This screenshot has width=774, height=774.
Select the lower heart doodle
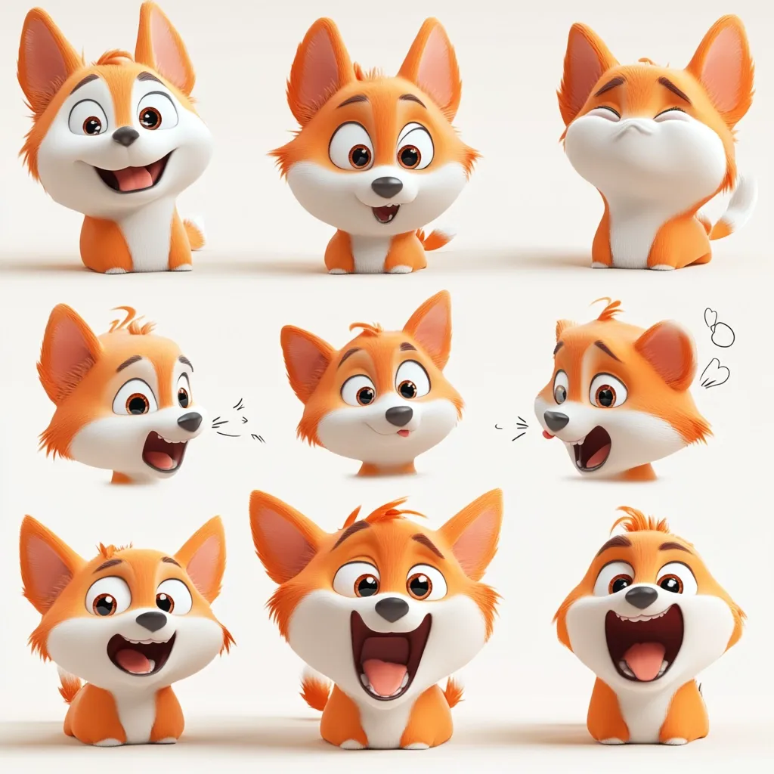pyautogui.click(x=713, y=373)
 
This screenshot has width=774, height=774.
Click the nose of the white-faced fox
pyautogui.click(x=125, y=136)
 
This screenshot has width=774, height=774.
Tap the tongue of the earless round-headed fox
pyautogui.click(x=644, y=659)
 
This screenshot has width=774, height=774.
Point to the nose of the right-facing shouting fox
pyautogui.click(x=190, y=421)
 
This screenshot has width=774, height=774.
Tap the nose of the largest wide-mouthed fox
pyautogui.click(x=392, y=608)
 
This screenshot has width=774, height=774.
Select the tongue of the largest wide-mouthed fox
pyautogui.click(x=386, y=675)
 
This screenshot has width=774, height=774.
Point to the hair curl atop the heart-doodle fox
pyautogui.click(x=607, y=308)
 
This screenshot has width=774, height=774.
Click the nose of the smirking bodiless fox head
pyautogui.click(x=398, y=415)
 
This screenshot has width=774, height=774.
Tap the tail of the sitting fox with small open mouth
pyautogui.click(x=438, y=238)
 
